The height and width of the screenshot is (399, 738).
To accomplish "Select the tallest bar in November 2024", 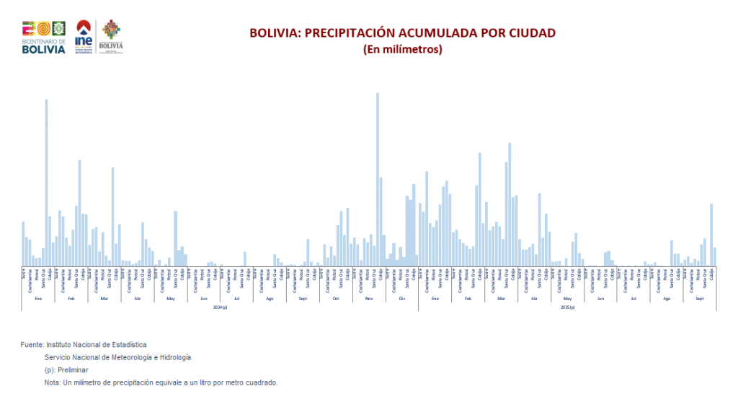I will [x=377, y=180].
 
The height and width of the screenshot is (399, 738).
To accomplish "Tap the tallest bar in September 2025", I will [x=711, y=234].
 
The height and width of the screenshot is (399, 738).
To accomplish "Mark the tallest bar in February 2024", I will [x=79, y=213].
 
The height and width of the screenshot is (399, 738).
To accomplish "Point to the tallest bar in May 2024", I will [x=175, y=238].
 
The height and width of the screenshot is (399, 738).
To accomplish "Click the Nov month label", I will [x=368, y=298].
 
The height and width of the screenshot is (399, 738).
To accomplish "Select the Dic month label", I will [x=401, y=298].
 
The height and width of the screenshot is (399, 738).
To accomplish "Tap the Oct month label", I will [x=336, y=298].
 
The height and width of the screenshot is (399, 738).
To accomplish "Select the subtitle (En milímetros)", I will [x=402, y=50].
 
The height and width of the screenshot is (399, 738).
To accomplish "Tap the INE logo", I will [x=84, y=36].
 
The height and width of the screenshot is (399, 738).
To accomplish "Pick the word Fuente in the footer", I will [x=32, y=346].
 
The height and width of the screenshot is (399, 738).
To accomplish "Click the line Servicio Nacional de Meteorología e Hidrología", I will [x=117, y=357].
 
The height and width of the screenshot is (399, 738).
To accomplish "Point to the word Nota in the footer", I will [x=52, y=382].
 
